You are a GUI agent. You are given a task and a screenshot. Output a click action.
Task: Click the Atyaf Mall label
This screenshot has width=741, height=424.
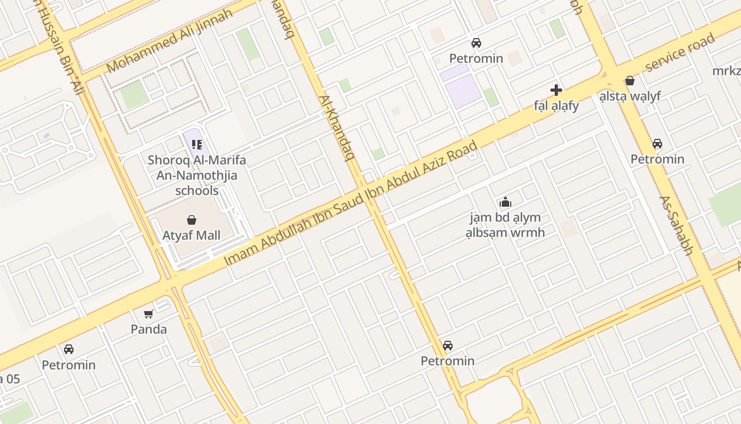[191, 235]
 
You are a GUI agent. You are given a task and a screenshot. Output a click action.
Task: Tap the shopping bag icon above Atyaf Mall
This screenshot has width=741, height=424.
[191, 219]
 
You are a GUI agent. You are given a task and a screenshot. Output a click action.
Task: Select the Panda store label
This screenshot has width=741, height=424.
[149, 329]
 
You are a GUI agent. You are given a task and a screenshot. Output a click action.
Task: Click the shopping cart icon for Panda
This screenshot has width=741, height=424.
[149, 314]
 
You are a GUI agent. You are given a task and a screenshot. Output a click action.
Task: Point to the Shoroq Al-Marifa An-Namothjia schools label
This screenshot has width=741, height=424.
[197, 175]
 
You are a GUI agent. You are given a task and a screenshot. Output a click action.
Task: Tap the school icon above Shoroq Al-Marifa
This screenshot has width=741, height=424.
[197, 144]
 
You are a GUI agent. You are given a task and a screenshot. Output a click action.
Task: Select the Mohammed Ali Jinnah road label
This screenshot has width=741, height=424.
[169, 41]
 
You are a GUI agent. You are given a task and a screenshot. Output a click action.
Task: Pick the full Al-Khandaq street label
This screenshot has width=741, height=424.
[336, 127]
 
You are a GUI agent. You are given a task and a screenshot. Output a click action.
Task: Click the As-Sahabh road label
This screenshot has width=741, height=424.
[676, 225]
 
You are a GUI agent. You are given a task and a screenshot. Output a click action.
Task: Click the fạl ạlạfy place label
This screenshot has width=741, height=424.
[556, 105]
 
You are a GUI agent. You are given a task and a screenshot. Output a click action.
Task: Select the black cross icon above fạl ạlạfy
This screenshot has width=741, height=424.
[556, 90]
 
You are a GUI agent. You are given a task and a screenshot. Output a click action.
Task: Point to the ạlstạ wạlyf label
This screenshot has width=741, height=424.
[630, 96]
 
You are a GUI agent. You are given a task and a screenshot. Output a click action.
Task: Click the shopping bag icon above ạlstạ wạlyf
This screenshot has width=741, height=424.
[630, 81]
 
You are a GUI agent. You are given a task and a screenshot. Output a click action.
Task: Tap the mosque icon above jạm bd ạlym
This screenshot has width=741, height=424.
[505, 202]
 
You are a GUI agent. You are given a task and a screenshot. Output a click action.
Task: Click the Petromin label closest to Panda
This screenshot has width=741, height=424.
[69, 365]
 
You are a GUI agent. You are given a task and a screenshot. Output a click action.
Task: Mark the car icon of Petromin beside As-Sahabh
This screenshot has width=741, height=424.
[657, 144]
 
